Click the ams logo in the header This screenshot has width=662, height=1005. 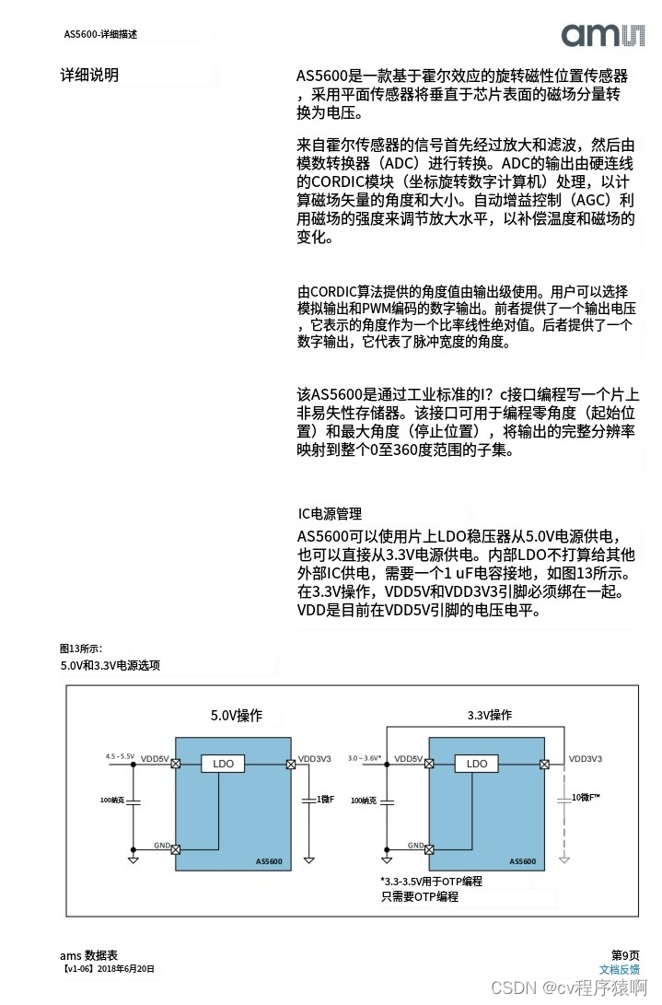(603, 35)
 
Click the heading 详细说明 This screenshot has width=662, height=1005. (89, 76)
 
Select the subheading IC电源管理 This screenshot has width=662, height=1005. (330, 514)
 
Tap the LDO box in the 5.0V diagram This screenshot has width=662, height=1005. (223, 764)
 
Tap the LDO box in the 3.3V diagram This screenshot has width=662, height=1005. (477, 764)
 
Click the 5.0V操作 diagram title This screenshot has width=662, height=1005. (237, 715)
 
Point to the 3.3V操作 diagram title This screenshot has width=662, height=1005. (489, 715)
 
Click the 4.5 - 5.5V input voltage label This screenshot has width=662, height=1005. (120, 755)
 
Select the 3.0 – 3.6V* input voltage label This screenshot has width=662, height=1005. (365, 757)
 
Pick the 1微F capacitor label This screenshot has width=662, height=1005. (326, 799)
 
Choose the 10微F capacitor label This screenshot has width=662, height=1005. (586, 797)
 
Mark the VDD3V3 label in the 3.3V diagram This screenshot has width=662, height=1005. (585, 758)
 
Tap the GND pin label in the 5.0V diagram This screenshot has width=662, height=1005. (160, 845)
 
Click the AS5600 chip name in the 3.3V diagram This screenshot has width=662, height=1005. (523, 861)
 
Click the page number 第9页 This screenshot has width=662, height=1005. (625, 955)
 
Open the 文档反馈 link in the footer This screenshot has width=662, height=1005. (619, 969)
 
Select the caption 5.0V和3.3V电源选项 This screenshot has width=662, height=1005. (110, 665)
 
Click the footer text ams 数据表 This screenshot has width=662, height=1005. (88, 955)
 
